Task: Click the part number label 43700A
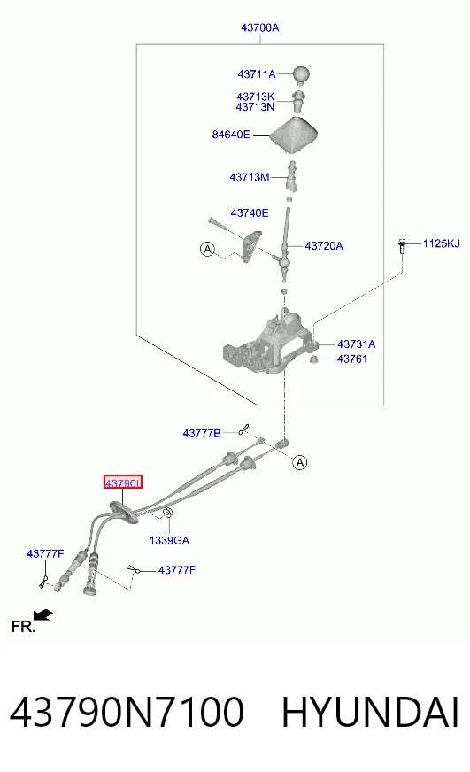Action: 260,27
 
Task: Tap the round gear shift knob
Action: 301,73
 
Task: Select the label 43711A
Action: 257,74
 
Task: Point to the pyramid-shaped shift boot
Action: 294,135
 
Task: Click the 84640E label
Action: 231,135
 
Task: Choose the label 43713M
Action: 250,177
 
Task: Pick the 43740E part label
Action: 250,213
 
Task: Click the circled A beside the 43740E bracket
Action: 208,249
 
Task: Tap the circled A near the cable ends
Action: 300,462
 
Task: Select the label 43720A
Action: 324,246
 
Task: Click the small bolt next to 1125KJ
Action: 402,246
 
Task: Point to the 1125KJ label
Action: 442,243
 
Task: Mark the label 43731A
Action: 357,344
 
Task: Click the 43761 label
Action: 352,359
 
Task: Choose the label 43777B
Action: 202,433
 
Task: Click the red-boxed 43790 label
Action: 122,482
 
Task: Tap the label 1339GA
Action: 169,541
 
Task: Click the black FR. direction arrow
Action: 43,615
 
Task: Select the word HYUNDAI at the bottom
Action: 370,712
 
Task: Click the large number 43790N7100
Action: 127,712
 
